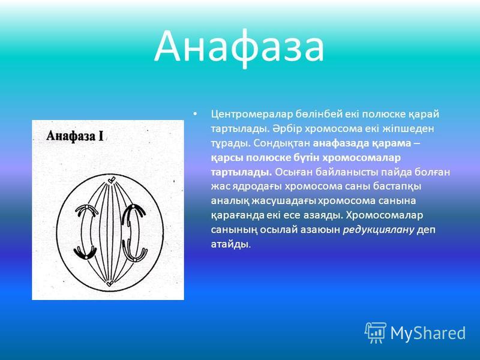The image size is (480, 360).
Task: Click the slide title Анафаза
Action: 239,47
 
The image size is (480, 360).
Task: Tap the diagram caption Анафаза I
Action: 75,136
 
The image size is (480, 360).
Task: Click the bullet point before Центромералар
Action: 195,114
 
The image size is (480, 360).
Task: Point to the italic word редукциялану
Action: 379,230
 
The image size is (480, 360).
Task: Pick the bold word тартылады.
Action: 242,172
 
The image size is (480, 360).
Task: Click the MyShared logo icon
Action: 376,333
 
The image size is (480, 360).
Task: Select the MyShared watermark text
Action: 428,333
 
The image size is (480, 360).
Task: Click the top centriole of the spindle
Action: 112,180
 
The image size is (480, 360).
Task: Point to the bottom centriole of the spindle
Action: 109,283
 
